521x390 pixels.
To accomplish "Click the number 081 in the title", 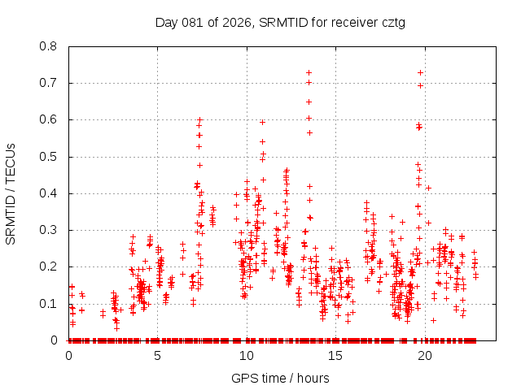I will point(195,22).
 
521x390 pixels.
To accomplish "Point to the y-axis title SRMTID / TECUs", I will point(11,193).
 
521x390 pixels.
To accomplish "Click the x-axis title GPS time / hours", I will point(281,378).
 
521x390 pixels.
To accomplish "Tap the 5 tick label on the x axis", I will point(158,355).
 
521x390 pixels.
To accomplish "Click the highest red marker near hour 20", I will point(420,72).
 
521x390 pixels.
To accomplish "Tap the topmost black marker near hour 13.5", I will point(309,72).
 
